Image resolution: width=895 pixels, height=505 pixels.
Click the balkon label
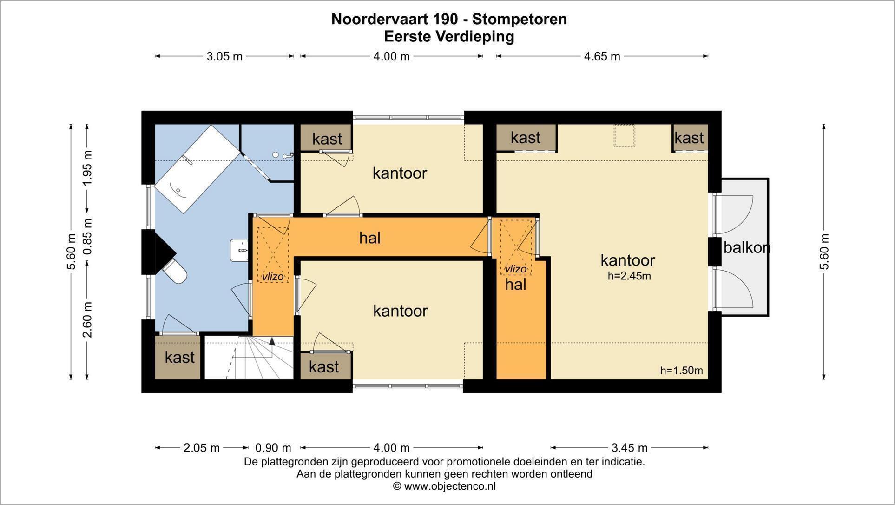pos(746,247)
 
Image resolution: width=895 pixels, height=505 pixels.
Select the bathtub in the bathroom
pos(197,169)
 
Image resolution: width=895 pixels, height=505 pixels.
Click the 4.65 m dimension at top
pos(602,56)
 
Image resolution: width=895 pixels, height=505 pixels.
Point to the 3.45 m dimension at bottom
pos(629,448)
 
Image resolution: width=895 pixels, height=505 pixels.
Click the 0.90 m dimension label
pos(273,448)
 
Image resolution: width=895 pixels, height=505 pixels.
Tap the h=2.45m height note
pos(629,276)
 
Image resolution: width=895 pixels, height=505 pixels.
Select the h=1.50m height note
pos(681,371)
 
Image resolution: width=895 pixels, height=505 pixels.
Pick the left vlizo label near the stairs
pos(273,277)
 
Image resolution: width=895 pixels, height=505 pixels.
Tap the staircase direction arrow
pos(272,341)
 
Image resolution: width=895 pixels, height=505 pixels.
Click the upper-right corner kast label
pos(689,138)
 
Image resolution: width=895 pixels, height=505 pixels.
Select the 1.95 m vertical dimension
pos(87,167)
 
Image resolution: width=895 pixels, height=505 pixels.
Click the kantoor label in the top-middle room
pos(400,173)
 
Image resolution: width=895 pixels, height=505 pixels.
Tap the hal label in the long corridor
pos(370,238)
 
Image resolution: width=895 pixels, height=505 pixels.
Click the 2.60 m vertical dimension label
pos(87,319)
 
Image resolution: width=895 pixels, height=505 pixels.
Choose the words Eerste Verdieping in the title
pos(449,36)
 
